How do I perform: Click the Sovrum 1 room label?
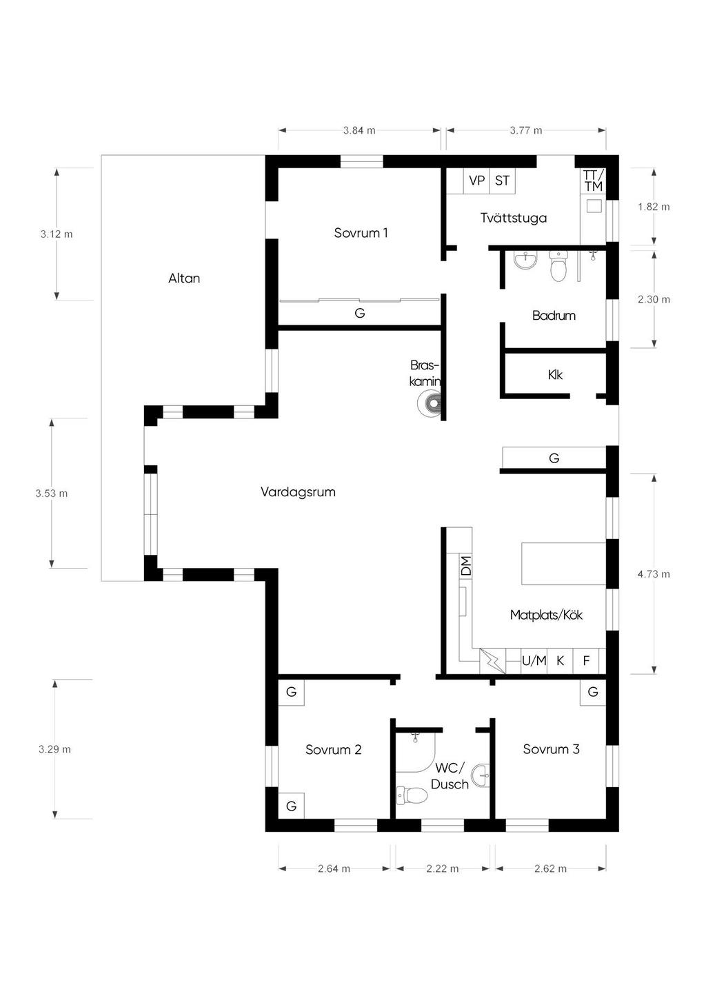click(x=361, y=232)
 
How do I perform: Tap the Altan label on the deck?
click(x=184, y=278)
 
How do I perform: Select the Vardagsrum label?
click(x=298, y=492)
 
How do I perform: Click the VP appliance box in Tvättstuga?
click(x=476, y=181)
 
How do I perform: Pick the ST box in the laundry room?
click(x=503, y=181)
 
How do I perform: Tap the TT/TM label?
click(x=593, y=181)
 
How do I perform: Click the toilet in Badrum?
click(x=558, y=266)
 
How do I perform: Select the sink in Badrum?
click(x=526, y=261)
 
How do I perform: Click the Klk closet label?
click(x=555, y=375)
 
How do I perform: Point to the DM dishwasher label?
click(x=466, y=565)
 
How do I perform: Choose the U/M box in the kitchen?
click(x=534, y=660)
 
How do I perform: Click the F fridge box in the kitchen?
click(x=586, y=660)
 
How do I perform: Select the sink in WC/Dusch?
click(x=481, y=775)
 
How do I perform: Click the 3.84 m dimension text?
click(x=359, y=130)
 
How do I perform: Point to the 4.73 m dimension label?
click(x=654, y=574)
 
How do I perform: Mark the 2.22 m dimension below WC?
click(x=442, y=868)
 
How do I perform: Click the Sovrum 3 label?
click(x=551, y=749)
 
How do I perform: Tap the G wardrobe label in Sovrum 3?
click(x=593, y=692)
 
